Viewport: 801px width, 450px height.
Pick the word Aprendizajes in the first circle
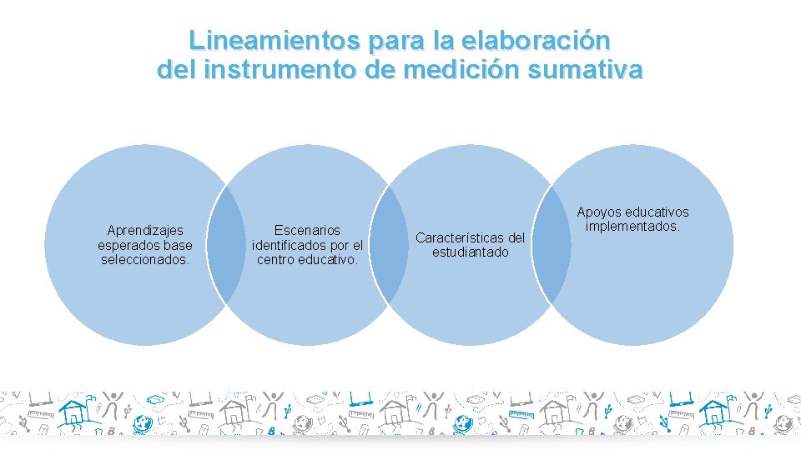click(145, 230)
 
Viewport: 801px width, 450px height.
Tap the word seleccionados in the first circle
click(145, 259)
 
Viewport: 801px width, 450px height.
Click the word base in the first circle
click(177, 245)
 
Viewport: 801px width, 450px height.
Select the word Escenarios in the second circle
click(307, 230)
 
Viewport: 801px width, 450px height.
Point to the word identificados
click(290, 245)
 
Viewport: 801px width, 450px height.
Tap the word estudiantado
click(470, 252)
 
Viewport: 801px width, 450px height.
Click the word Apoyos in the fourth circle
click(599, 212)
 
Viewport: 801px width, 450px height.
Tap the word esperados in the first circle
click(126, 245)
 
